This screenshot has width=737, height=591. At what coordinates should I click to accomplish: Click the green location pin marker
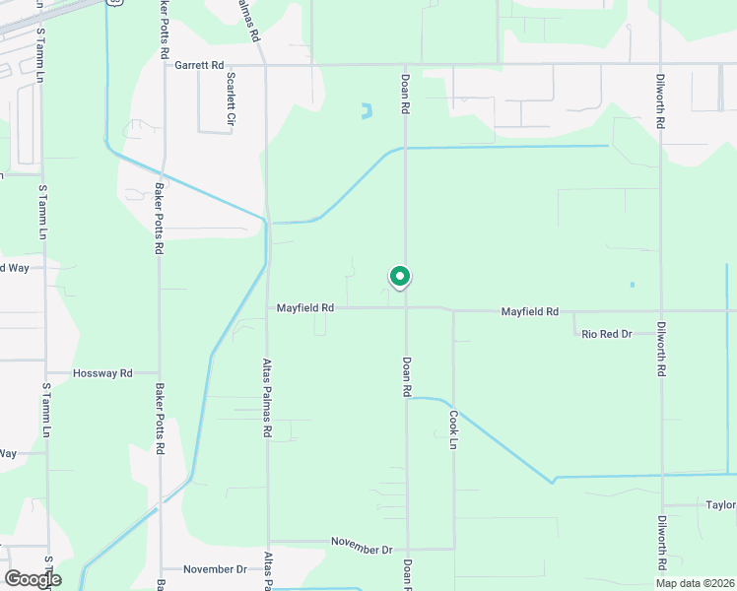(x=399, y=278)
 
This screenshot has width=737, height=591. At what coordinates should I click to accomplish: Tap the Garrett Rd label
(x=200, y=65)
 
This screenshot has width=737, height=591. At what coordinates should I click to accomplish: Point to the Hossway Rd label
(x=103, y=373)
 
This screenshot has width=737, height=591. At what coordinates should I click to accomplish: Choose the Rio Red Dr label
(x=606, y=334)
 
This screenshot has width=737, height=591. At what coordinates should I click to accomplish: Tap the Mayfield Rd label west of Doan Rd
(x=305, y=308)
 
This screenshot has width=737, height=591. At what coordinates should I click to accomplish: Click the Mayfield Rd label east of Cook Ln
(x=530, y=311)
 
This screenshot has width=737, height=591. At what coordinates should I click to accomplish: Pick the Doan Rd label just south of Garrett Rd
(x=405, y=94)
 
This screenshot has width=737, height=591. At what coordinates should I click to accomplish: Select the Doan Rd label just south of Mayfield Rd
(x=406, y=376)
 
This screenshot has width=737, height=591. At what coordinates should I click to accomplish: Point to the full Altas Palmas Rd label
(x=267, y=397)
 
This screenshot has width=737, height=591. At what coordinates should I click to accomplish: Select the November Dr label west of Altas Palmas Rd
(x=216, y=569)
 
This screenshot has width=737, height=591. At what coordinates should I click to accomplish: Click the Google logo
(x=33, y=579)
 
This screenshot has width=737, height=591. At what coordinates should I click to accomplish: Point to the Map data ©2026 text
(x=695, y=583)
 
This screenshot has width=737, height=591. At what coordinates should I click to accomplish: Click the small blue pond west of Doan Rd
(x=367, y=111)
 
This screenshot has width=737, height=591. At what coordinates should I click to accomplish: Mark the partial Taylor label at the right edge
(x=720, y=505)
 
